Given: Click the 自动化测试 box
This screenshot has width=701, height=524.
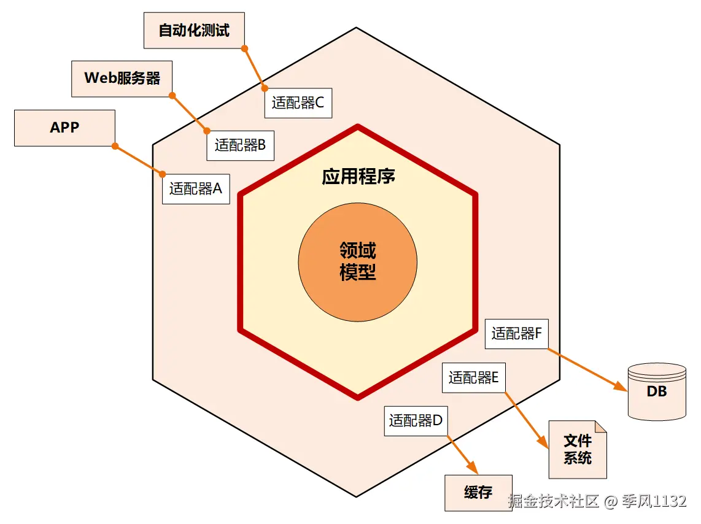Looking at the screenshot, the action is (x=194, y=31).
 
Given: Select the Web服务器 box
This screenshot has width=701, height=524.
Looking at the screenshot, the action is (x=122, y=78).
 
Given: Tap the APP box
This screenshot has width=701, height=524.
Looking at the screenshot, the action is (x=64, y=128).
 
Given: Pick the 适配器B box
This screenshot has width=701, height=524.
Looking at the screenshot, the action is (x=240, y=145).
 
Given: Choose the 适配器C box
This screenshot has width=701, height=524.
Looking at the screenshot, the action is (x=298, y=102).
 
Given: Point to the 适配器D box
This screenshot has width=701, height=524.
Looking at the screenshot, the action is (x=416, y=421).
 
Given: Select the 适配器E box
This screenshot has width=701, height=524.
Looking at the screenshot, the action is (x=473, y=378).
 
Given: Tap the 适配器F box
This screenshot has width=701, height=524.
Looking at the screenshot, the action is (x=516, y=334).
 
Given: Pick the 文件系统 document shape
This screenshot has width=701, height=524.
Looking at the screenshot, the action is (x=578, y=450).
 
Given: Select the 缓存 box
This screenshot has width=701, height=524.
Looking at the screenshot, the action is (x=478, y=493).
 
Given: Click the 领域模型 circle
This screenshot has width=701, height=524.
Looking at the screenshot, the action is (x=358, y=261).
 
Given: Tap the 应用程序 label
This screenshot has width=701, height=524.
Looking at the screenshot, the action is (x=358, y=177).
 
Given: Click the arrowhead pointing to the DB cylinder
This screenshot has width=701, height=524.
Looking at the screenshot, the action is (x=621, y=388).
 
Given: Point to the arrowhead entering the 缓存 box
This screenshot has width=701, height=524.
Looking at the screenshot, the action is (x=474, y=469).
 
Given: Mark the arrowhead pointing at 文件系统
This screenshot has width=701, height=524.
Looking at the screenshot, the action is (x=543, y=443).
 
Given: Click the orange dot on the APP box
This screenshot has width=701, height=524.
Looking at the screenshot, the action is (x=115, y=146).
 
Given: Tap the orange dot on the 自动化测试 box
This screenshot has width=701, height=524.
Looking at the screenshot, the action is (x=244, y=48).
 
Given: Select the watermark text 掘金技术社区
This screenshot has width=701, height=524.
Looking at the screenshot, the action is (x=553, y=501).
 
